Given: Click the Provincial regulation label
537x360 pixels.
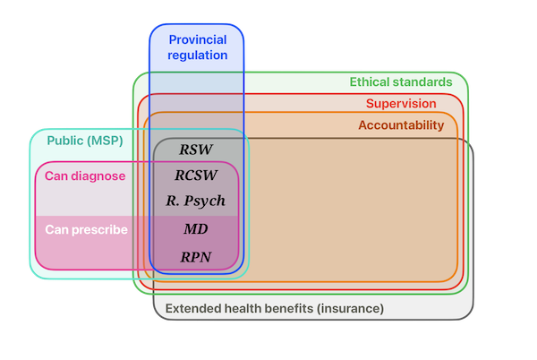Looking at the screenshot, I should [198, 47].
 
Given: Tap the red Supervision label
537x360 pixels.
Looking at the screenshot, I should [401, 104].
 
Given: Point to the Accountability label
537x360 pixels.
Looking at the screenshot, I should [401, 125].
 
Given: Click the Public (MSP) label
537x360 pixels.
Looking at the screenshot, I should [85, 141].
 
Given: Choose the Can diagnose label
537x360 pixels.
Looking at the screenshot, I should [85, 176].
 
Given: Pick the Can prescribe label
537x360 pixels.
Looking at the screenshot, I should [86, 229].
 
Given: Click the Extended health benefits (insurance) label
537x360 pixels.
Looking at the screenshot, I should [275, 308].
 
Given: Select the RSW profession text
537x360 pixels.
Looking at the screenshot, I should [196, 150].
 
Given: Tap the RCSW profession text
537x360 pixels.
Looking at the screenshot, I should [196, 176].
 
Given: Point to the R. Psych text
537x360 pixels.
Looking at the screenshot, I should [196, 201].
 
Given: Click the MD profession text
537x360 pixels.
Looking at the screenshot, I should [196, 229].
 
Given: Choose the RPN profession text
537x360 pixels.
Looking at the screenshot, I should [196, 256].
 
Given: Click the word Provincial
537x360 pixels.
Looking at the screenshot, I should [198, 39].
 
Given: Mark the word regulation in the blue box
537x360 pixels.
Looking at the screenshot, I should [198, 56].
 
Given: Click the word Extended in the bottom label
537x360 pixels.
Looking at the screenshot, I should [194, 308].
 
